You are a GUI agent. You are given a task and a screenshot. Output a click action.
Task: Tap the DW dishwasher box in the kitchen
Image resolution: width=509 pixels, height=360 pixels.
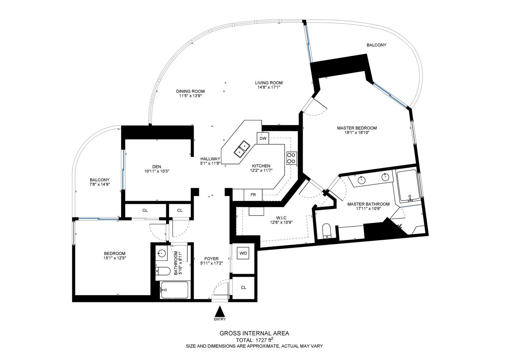click(x=263, y=138)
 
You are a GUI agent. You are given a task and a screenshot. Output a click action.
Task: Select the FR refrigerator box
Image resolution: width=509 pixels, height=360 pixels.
click(x=253, y=195)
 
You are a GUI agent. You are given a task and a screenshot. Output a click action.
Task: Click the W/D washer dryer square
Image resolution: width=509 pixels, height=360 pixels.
click(x=243, y=253)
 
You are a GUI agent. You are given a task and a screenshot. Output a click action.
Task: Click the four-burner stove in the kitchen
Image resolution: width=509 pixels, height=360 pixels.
click(x=291, y=158)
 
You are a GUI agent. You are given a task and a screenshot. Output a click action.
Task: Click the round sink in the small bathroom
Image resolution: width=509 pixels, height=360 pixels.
click(x=162, y=253)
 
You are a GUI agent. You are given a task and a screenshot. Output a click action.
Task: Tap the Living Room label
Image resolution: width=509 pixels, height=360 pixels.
click(x=269, y=83)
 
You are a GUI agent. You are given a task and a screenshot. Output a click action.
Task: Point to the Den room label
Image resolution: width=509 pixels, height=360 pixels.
click(x=157, y=167)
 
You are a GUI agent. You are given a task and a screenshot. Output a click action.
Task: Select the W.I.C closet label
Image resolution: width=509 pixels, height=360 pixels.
click(x=281, y=218)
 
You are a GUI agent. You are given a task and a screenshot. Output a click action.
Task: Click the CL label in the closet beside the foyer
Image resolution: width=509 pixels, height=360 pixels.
click(x=243, y=287)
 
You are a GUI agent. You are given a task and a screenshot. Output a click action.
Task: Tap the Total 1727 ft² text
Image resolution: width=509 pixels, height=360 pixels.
click(x=254, y=340)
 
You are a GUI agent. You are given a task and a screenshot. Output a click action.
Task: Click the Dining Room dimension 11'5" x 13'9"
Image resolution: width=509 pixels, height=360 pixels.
click(x=190, y=96)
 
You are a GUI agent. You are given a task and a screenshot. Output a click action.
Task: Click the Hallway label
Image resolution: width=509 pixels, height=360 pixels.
click(x=210, y=159)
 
